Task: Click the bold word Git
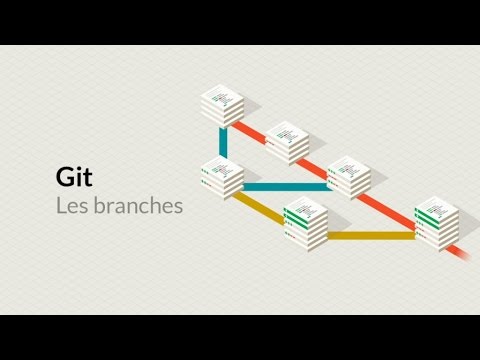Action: coord(74,177)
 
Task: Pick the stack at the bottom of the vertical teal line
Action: coord(221,177)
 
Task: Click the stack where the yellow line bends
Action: coord(306,222)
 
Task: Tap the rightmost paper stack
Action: coord(437,220)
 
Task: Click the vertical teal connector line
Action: coord(220,142)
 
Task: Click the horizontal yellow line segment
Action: coord(370,236)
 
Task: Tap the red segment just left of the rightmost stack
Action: coord(395,201)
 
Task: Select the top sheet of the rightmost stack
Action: coord(437,204)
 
